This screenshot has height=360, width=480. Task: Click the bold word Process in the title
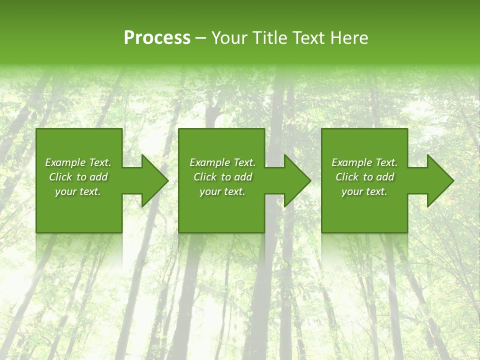(x=157, y=38)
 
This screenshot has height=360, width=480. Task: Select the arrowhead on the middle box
(x=296, y=180)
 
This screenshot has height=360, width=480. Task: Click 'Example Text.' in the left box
(x=78, y=162)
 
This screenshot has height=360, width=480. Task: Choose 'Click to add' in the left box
(x=78, y=177)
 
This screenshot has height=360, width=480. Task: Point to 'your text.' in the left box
(x=78, y=191)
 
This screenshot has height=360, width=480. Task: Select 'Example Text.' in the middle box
(x=222, y=162)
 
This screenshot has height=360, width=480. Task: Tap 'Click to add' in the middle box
(x=222, y=177)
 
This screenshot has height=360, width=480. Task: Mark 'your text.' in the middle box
(x=222, y=191)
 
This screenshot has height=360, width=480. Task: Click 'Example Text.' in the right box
(x=364, y=162)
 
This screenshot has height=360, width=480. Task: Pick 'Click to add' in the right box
(x=364, y=177)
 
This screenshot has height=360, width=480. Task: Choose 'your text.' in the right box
(x=364, y=191)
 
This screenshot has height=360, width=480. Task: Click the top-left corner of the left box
(x=36, y=129)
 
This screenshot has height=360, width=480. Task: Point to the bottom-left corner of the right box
(x=322, y=232)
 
